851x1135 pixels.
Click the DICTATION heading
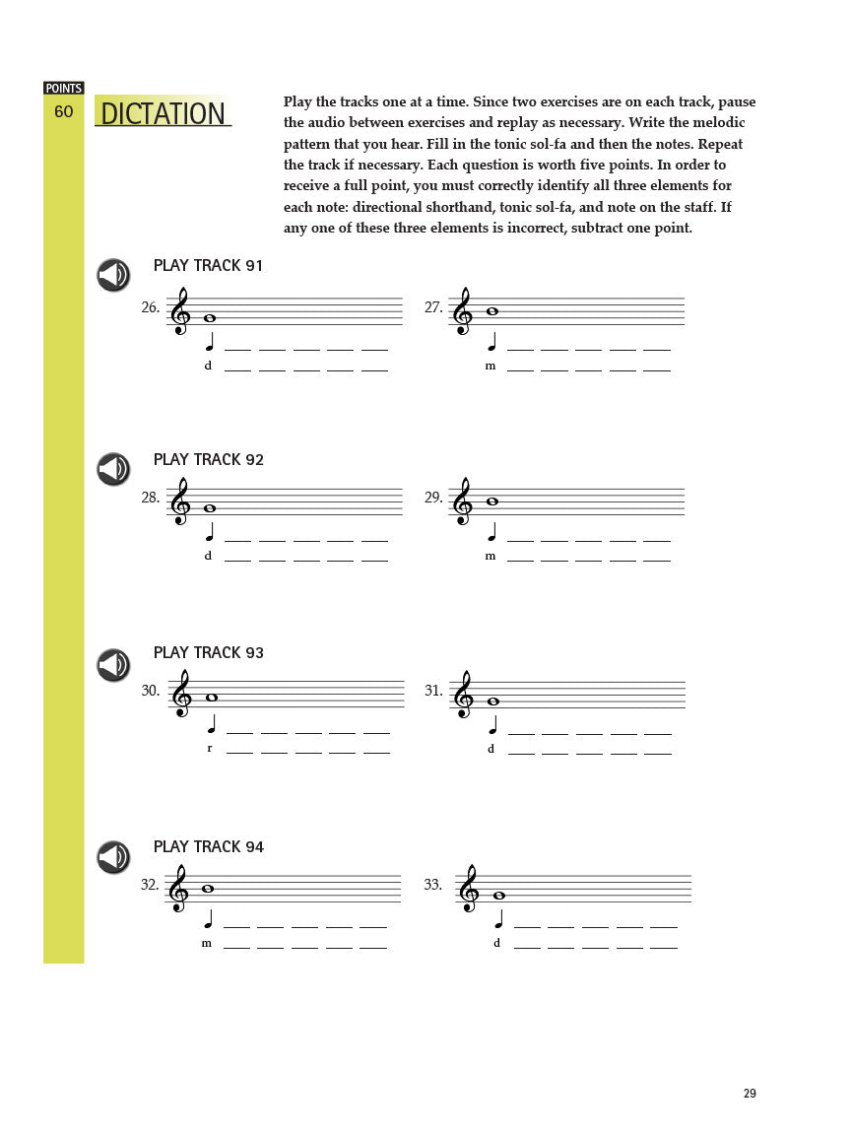164,114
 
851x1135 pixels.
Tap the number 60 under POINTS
63,112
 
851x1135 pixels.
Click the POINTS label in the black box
64,89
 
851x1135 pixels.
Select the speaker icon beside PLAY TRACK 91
113,275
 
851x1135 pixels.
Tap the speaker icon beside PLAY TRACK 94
113,857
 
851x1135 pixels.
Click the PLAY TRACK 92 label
209,460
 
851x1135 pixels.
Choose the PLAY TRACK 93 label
209,653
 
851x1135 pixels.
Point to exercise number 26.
150,308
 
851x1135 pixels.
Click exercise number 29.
433,499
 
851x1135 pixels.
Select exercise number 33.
433,886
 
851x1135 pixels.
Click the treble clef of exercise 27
462,312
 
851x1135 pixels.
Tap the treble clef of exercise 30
182,695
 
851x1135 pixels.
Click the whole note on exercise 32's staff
208,889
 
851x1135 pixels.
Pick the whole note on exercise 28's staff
209,508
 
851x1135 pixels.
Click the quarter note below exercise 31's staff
492,726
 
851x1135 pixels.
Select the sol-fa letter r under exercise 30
209,749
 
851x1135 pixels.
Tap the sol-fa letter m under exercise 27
491,367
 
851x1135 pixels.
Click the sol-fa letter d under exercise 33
496,943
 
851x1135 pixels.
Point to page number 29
750,1094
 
